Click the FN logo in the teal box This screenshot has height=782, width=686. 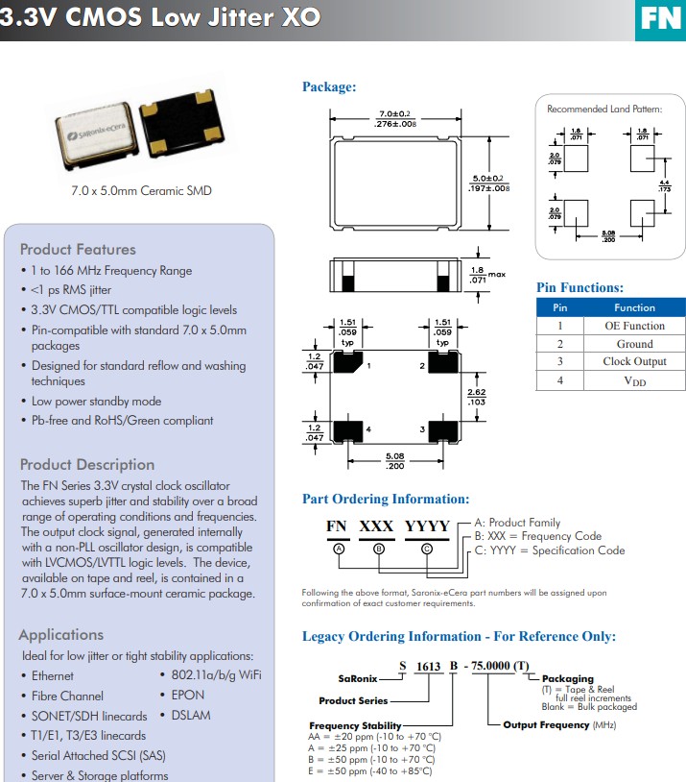click(x=660, y=18)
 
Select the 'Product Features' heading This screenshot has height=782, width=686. click(x=78, y=249)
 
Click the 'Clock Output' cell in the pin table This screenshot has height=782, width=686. click(x=634, y=362)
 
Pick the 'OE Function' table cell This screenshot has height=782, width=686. click(x=634, y=326)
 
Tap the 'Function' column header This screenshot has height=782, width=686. click(x=634, y=307)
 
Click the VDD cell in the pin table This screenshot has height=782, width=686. click(x=634, y=381)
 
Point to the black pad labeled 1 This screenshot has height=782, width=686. click(x=350, y=364)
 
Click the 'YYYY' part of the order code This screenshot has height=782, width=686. click(x=427, y=526)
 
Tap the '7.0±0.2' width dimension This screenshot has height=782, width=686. click(x=394, y=115)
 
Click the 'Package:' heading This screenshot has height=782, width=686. click(x=329, y=87)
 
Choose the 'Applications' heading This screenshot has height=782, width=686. click(x=60, y=634)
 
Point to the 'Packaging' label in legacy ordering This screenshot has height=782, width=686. click(x=568, y=679)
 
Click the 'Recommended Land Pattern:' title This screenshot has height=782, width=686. click(x=603, y=109)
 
